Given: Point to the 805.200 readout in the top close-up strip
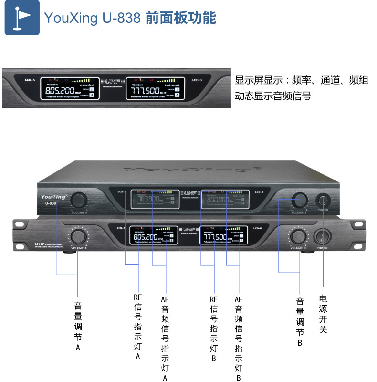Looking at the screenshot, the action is [x=60, y=90].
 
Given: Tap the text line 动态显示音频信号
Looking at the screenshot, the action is [x=273, y=96].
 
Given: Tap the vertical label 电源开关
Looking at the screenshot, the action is [x=323, y=313].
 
